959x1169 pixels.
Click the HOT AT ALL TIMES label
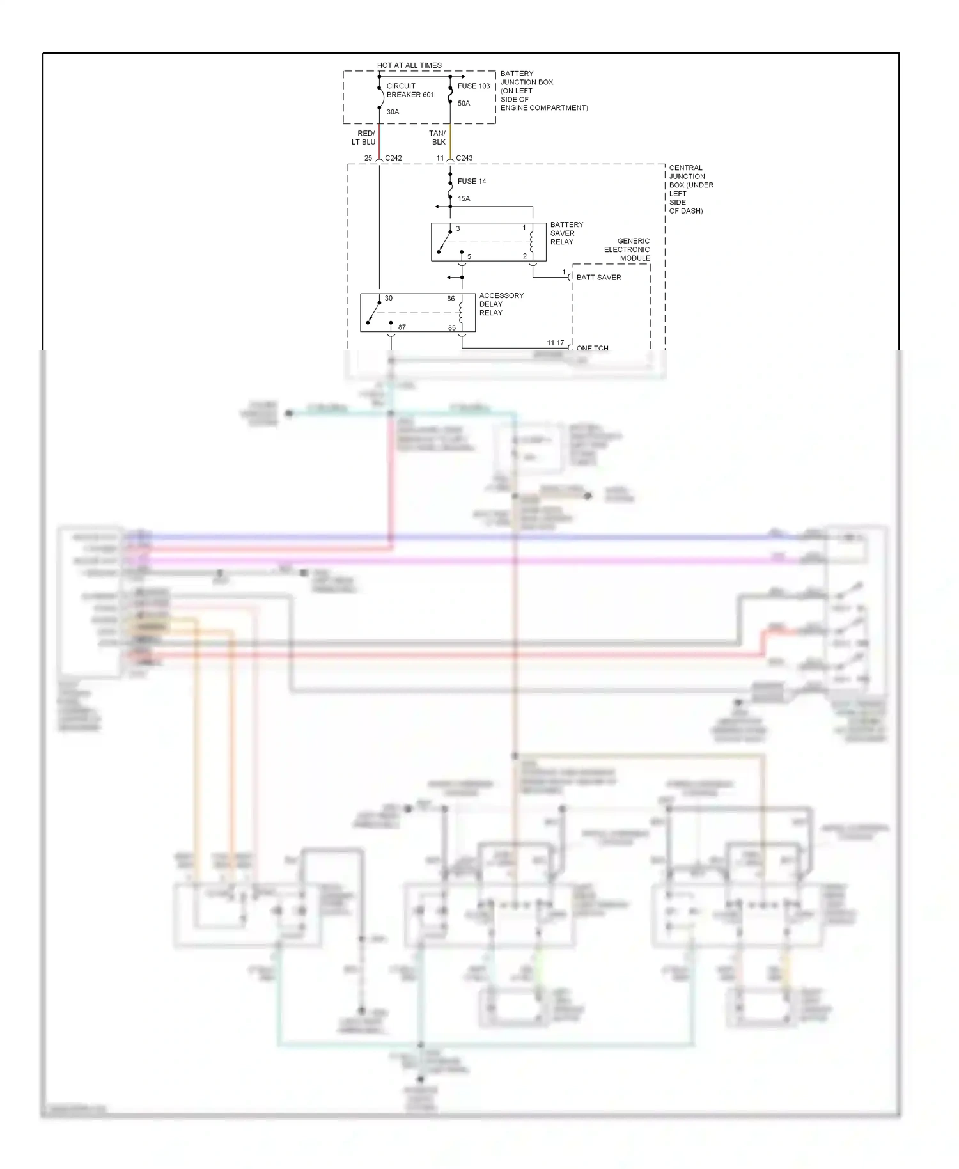tap(409, 65)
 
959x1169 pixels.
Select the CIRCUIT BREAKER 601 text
tap(410, 90)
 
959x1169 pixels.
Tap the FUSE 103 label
tap(474, 86)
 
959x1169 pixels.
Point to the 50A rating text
tap(464, 103)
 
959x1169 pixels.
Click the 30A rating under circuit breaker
tap(393, 112)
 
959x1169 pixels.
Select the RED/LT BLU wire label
tap(364, 137)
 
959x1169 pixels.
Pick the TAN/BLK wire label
tap(437, 137)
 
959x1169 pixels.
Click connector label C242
tap(393, 158)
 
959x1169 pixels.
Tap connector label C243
tap(464, 158)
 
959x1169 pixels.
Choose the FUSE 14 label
tap(472, 181)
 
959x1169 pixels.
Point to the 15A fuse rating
tap(464, 198)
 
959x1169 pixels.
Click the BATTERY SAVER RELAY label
tap(566, 233)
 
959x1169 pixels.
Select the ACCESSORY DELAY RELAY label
tap(501, 304)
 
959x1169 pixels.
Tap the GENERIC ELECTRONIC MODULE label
tap(627, 249)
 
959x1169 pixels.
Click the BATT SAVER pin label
tap(598, 277)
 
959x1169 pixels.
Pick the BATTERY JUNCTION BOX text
tap(543, 90)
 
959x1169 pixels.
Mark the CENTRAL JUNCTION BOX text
tap(690, 189)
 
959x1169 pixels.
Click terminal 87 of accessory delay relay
tap(402, 327)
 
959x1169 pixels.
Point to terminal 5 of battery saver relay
tap(469, 256)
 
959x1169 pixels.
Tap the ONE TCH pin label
tap(592, 348)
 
